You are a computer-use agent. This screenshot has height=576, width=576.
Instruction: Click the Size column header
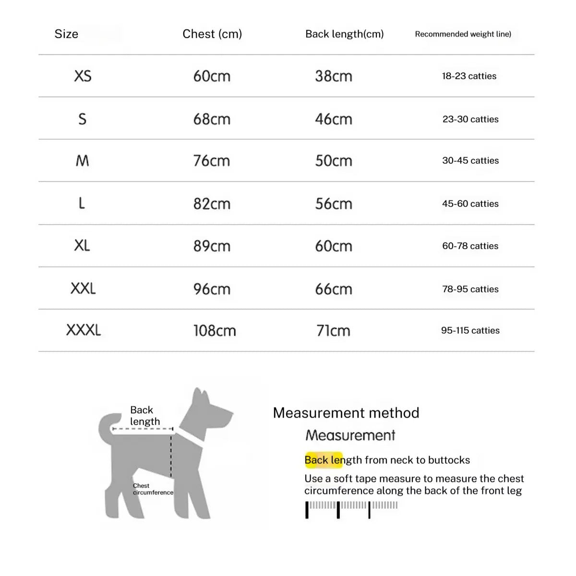(x=66, y=34)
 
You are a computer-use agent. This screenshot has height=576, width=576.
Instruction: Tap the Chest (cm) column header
(x=212, y=34)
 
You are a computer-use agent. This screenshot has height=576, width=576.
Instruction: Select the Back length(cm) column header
(x=344, y=34)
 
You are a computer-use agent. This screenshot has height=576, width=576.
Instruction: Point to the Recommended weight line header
(x=463, y=34)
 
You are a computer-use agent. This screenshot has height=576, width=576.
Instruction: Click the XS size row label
(x=83, y=76)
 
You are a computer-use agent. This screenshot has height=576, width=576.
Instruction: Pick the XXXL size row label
(x=84, y=330)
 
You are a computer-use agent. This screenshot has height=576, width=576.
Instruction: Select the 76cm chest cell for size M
(x=212, y=161)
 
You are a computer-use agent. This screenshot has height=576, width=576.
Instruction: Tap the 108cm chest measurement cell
(x=215, y=331)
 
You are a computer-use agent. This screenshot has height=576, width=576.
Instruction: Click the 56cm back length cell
(x=334, y=204)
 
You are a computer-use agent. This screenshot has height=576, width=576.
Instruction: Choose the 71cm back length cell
(x=333, y=331)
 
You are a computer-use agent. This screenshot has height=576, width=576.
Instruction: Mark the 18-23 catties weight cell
(x=469, y=76)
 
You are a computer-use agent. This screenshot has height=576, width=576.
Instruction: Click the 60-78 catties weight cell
(x=470, y=246)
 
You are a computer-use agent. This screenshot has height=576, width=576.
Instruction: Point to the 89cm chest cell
(x=212, y=246)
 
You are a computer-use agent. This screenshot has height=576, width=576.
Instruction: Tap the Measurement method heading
(x=346, y=413)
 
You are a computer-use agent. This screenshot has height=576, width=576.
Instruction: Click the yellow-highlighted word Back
(x=316, y=460)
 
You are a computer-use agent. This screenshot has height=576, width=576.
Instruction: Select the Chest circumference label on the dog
(x=153, y=489)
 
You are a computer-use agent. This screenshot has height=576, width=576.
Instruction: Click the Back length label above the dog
(x=144, y=416)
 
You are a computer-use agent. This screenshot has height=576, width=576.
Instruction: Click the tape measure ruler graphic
(x=351, y=509)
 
